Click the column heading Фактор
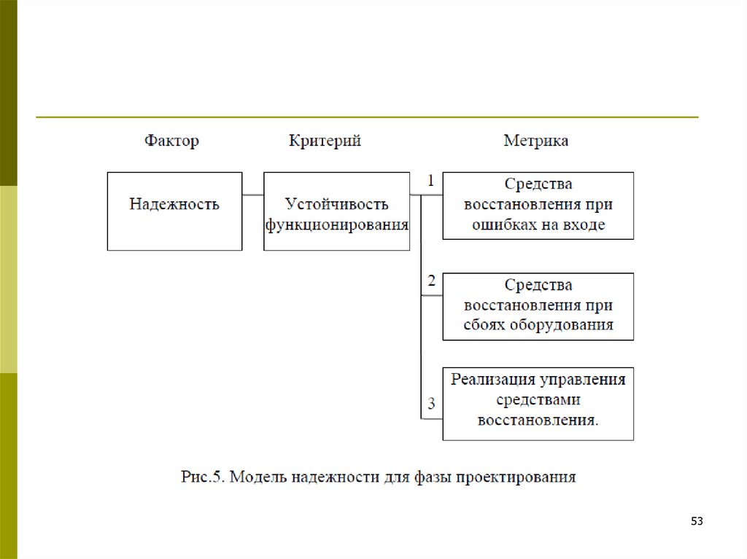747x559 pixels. pos(171,141)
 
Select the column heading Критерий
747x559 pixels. pos(325,141)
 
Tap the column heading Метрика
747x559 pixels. pos(536,141)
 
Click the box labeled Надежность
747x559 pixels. pos(174,205)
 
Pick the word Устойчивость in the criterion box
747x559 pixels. pos(336,203)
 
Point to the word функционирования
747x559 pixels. pos(336,224)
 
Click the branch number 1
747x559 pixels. pos(431,181)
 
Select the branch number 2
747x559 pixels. pos(431,281)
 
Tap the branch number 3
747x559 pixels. pos(431,404)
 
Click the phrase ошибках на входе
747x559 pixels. pos(538,224)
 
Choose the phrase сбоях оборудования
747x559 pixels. pos(538,325)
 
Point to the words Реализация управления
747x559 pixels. pos(538,379)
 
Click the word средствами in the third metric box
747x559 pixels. pos(538,399)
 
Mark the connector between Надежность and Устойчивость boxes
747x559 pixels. pos(252,195)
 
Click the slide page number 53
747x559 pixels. pos(697,522)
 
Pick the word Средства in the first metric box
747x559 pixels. pos(538,184)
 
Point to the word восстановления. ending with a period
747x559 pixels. pos(538,420)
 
